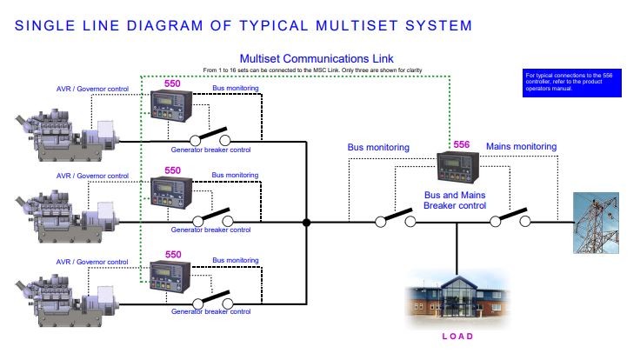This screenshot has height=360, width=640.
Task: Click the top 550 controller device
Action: pos(172,110)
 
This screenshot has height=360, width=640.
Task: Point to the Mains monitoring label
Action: pos(521,147)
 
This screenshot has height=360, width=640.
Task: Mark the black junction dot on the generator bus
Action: pos(306,223)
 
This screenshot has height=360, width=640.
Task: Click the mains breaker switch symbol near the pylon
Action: pos(510,218)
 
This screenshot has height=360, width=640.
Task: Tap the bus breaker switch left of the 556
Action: pos(395,218)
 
